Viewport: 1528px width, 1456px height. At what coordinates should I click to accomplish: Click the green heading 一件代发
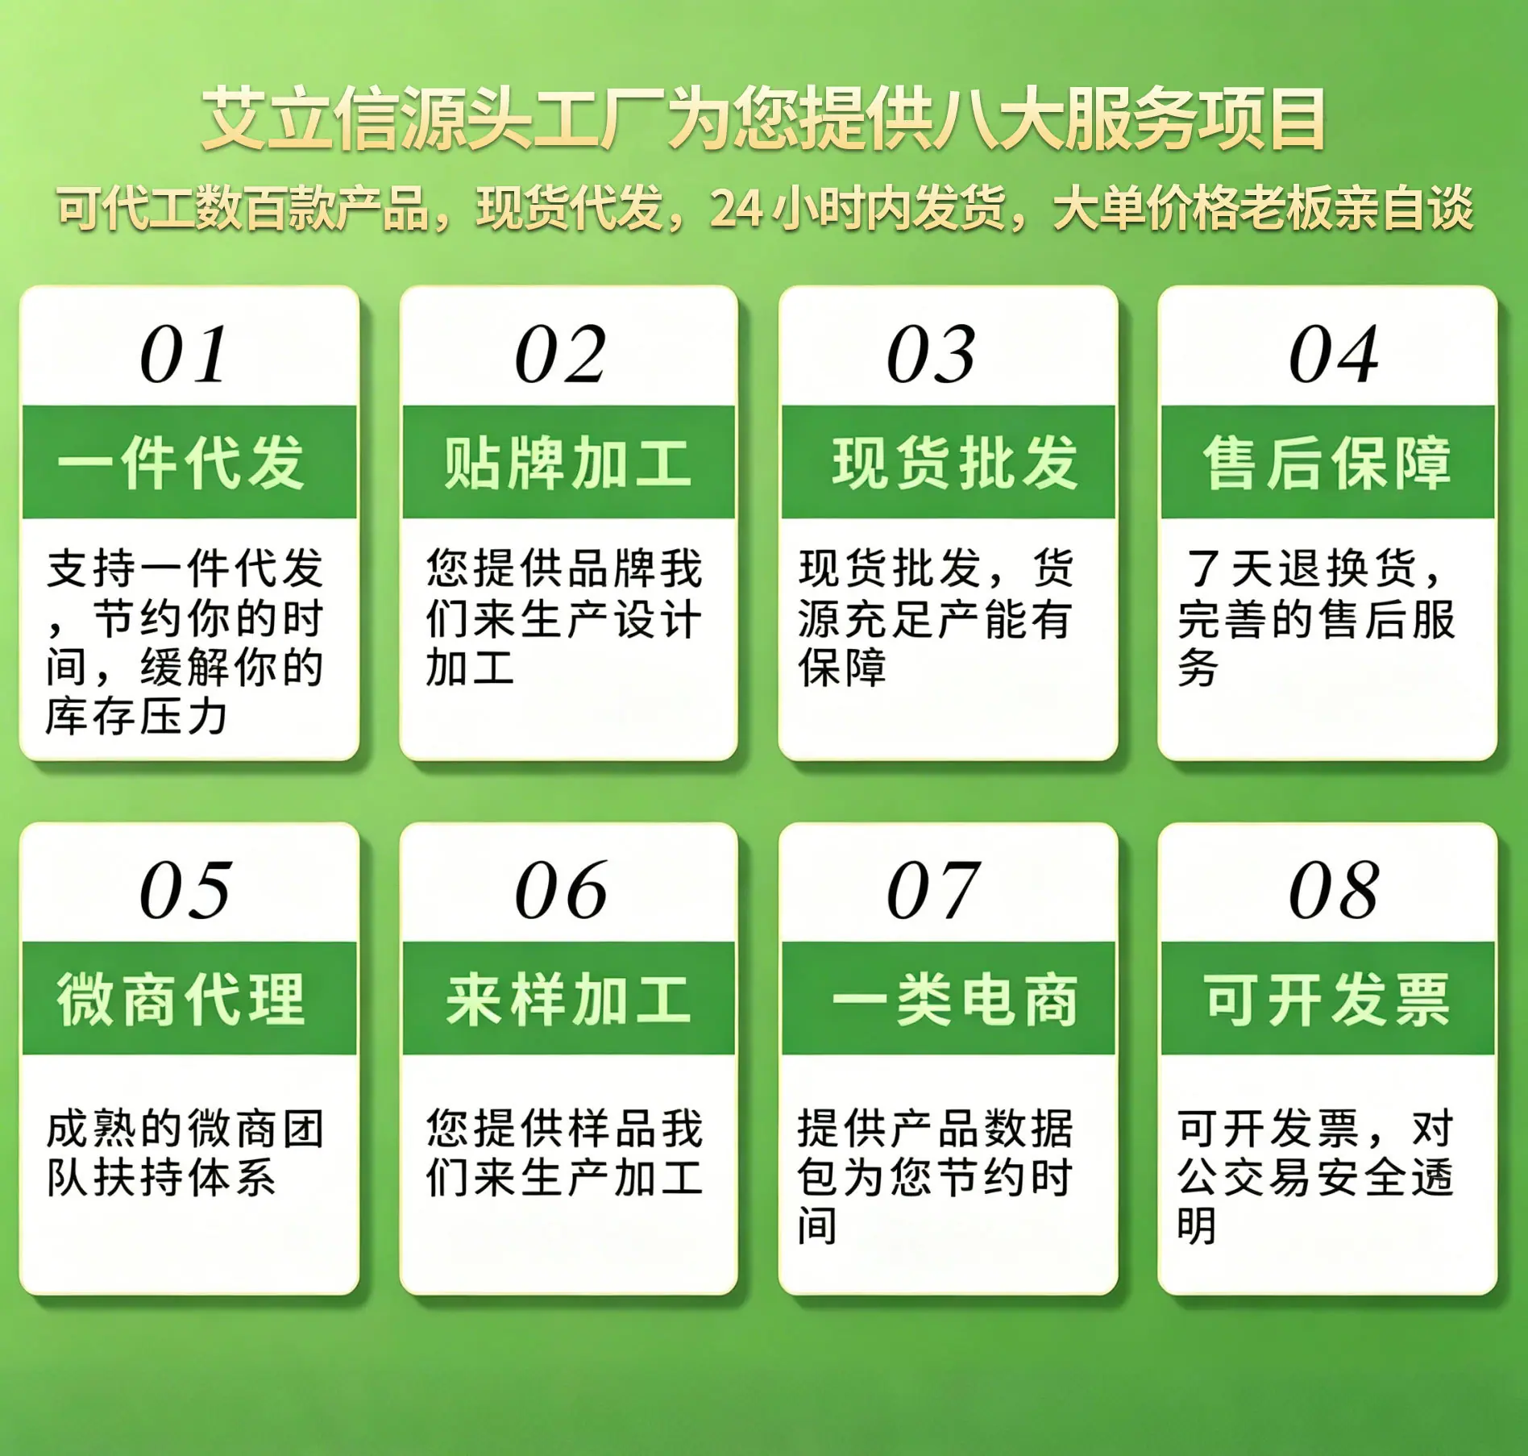pyautogui.click(x=181, y=463)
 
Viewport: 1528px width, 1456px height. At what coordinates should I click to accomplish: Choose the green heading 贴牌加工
pyautogui.click(x=568, y=463)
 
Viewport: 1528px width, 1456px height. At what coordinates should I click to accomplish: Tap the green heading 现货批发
pyautogui.click(x=955, y=463)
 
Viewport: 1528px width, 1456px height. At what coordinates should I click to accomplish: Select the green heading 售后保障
pyautogui.click(x=1327, y=463)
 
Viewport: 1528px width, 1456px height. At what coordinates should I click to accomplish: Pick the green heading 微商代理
pyautogui.click(x=181, y=999)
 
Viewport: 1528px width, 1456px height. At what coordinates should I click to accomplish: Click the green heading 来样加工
pyautogui.click(x=568, y=999)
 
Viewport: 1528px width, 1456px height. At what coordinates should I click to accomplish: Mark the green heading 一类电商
pyautogui.click(x=955, y=999)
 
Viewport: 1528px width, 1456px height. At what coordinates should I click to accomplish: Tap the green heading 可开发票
pyautogui.click(x=1327, y=999)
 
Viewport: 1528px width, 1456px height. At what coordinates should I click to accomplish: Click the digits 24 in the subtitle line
pyautogui.click(x=737, y=209)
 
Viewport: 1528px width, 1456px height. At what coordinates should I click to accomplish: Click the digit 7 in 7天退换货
pyautogui.click(x=1203, y=568)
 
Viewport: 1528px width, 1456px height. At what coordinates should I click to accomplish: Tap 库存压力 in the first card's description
pyautogui.click(x=136, y=716)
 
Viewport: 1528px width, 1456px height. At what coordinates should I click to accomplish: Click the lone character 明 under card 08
pyautogui.click(x=1197, y=1226)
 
